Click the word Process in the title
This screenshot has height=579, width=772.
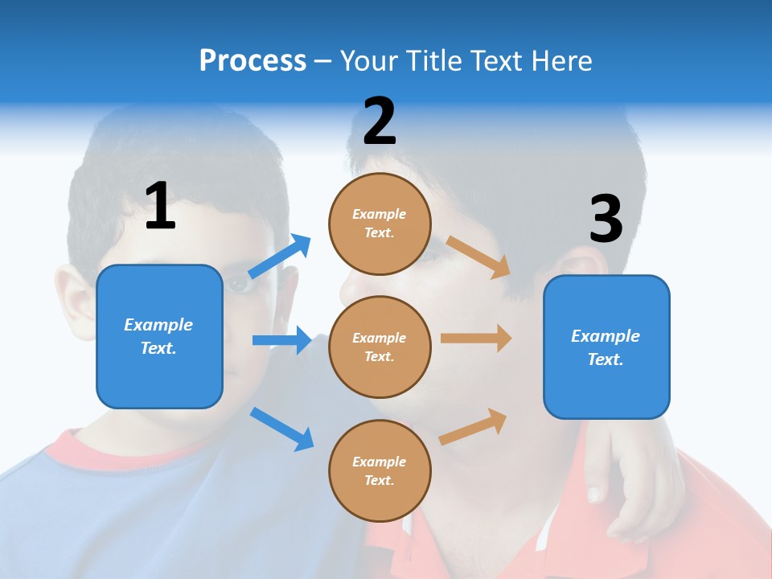[253, 61]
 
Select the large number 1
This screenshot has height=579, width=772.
[160, 207]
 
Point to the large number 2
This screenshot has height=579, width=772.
[380, 121]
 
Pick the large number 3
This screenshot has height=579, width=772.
[606, 220]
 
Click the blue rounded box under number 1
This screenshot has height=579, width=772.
[159, 336]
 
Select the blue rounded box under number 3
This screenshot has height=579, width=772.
[606, 347]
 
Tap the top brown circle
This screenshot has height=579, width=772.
[380, 224]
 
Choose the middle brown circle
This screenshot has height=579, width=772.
[380, 347]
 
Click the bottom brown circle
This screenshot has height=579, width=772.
[380, 471]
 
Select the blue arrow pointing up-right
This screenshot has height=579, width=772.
[280, 257]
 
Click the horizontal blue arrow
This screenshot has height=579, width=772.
[281, 340]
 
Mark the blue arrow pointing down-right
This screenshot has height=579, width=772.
[281, 429]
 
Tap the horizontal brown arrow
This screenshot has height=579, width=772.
[476, 339]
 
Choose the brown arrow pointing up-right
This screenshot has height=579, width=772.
[473, 426]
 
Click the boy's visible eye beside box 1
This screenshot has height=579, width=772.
[236, 284]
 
